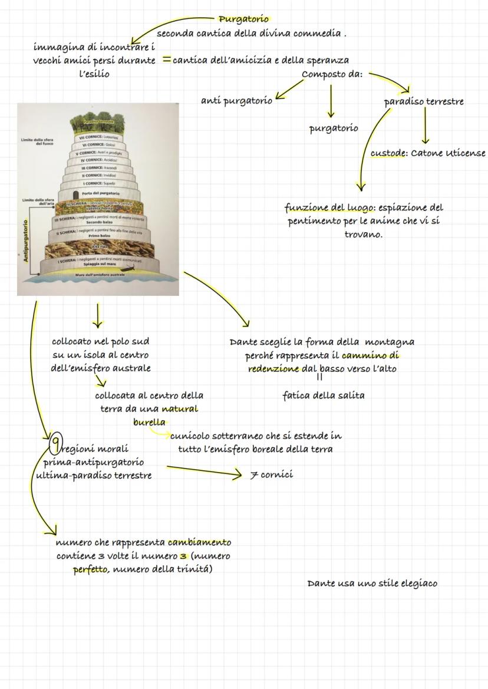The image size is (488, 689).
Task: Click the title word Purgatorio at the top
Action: click(243, 19)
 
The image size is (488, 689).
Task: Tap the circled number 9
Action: click(56, 441)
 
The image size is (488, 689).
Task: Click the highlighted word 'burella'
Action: click(149, 422)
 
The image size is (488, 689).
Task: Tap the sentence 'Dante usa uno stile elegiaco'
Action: click(372, 583)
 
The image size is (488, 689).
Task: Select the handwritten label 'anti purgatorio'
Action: click(236, 101)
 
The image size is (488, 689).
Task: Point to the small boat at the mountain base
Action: click(130, 268)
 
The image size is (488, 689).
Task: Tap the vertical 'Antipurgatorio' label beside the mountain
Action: click(25, 241)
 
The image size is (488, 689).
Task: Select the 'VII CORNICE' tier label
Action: click(98, 137)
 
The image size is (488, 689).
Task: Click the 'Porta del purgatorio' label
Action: click(101, 193)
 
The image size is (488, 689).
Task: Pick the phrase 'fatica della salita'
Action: click(323, 395)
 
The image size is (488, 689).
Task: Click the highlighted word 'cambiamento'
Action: click(199, 542)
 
